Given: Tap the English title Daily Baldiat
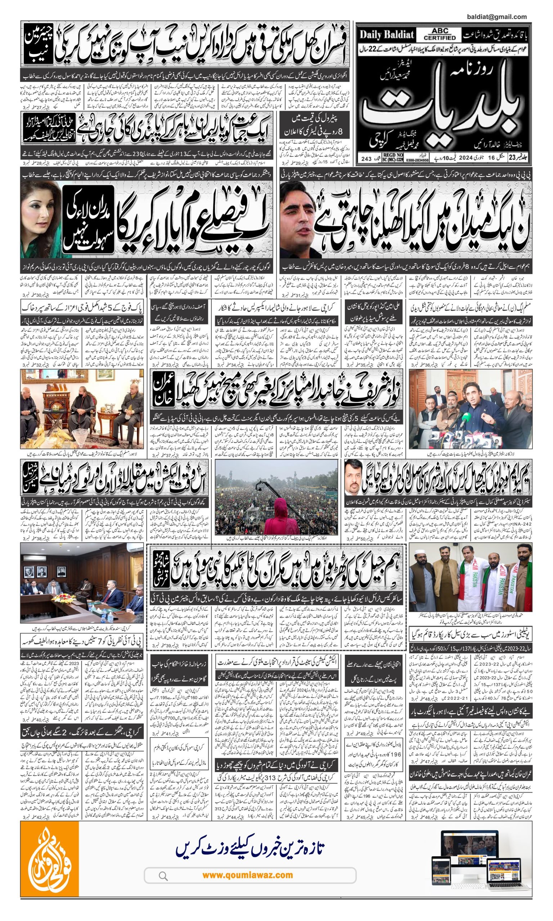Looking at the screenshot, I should (387, 35).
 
